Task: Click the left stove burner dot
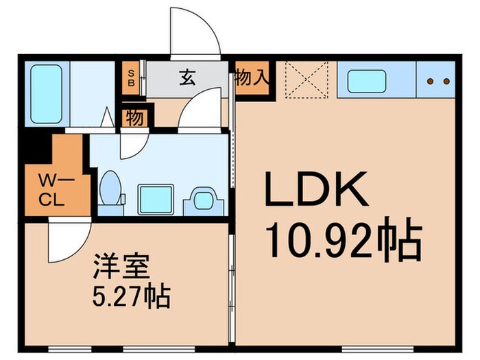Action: point(431,82)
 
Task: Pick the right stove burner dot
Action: point(446,82)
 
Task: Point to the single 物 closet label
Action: point(135,118)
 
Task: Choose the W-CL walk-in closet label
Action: point(52,190)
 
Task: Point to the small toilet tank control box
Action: point(123,200)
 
